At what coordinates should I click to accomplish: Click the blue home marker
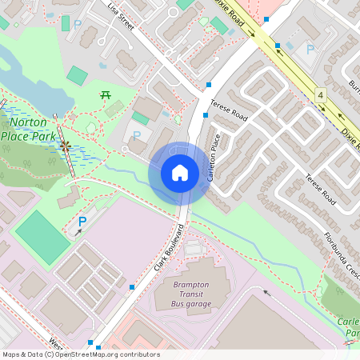(179, 173)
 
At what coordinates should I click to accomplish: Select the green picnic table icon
(105, 95)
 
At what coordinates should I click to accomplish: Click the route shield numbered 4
(321, 94)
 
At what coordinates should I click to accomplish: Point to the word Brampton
(191, 285)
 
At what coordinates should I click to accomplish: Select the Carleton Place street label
(214, 157)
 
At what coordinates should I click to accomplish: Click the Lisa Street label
(119, 15)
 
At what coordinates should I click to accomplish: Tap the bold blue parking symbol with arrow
(82, 222)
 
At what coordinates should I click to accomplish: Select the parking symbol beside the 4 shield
(310, 50)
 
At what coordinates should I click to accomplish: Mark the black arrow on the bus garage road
(267, 293)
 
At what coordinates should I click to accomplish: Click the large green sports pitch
(42, 237)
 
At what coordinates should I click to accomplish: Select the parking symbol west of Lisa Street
(78, 25)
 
